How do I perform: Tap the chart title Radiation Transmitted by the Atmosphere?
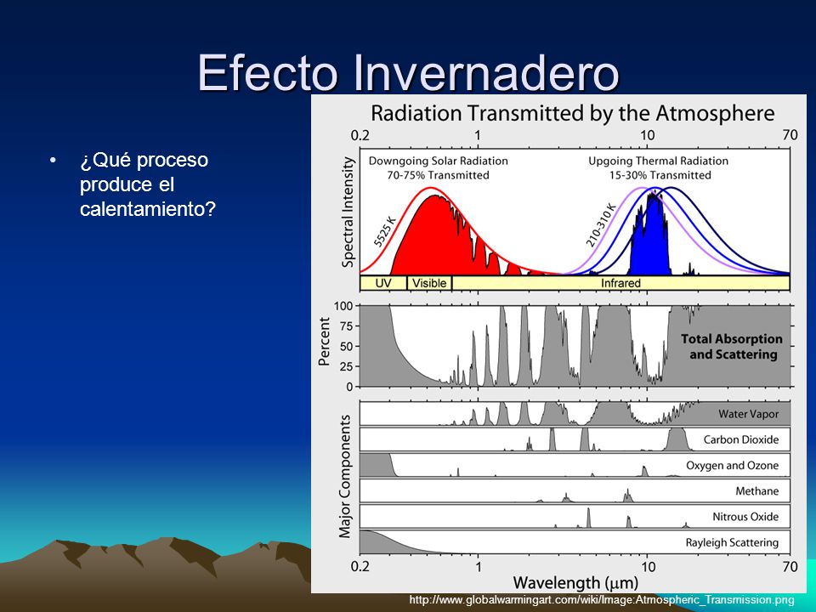(x=572, y=113)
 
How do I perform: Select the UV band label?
(x=383, y=283)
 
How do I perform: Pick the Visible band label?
(x=429, y=283)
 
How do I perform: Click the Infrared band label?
(x=620, y=283)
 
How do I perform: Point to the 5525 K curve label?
(x=385, y=231)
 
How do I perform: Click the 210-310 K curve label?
(x=601, y=224)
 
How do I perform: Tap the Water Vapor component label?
(x=748, y=414)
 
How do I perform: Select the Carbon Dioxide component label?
(x=741, y=439)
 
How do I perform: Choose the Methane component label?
(x=757, y=490)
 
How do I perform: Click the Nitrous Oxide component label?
(x=745, y=517)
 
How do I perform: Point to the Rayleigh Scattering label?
(x=732, y=543)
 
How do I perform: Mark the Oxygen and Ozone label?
(x=732, y=466)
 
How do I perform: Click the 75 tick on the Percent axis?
(x=347, y=326)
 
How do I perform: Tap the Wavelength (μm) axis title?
(x=575, y=582)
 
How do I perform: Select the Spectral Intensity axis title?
(x=348, y=212)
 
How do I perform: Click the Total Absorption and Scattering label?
(x=732, y=347)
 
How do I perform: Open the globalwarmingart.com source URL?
(x=602, y=600)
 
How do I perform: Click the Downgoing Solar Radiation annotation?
(x=439, y=161)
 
